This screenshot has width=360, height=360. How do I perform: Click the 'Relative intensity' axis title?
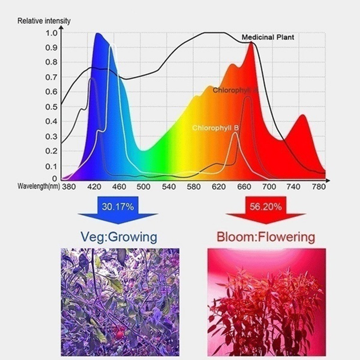(44, 21)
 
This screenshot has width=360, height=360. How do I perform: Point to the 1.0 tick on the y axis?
(51, 33)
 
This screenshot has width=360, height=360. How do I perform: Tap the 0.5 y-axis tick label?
(51, 106)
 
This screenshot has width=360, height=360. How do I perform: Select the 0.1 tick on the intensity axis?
(51, 166)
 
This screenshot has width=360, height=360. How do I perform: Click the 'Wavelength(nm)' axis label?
(38, 186)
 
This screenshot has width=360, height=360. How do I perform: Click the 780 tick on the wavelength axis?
(319, 186)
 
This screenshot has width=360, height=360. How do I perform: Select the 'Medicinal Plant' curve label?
(268, 37)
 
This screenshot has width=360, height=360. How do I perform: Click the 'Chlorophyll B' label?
(216, 128)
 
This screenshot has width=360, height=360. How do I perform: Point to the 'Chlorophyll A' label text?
(235, 90)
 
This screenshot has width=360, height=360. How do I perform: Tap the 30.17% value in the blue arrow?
(118, 207)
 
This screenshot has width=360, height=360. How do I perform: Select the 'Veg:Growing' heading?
(118, 236)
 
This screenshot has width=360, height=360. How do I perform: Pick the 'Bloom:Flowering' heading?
(265, 236)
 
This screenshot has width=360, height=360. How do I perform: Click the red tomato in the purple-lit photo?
(119, 333)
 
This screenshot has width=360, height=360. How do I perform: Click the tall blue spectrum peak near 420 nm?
(98, 35)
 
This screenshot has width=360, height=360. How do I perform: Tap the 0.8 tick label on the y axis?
(51, 62)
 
